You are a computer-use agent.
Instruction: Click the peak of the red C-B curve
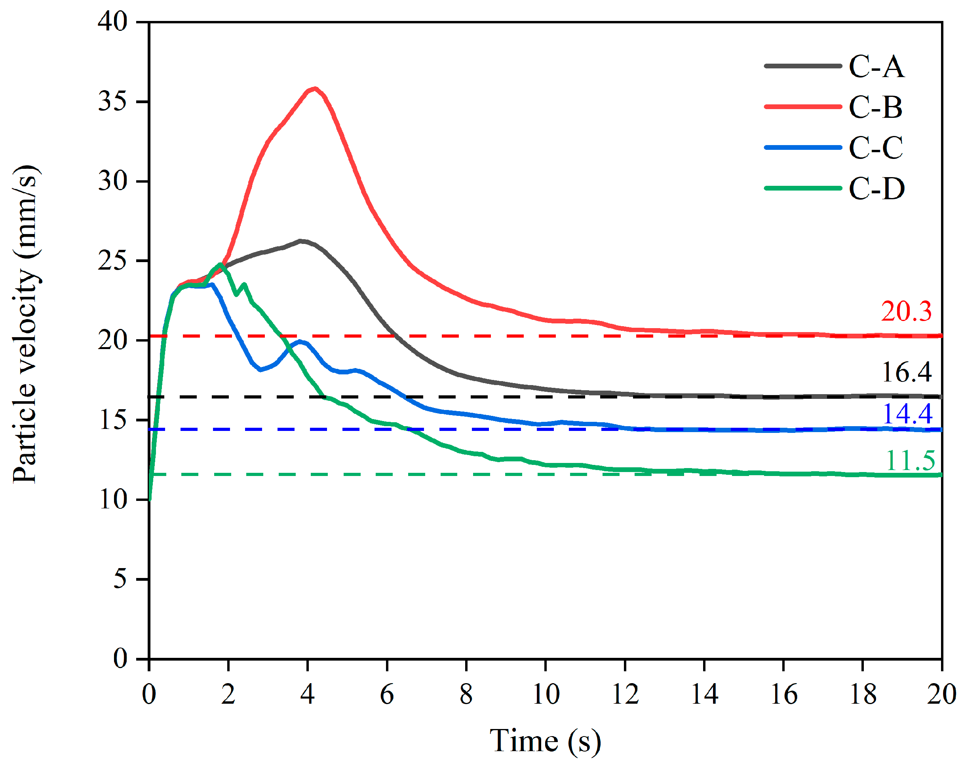click(x=315, y=89)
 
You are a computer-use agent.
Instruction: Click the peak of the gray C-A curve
click(x=302, y=241)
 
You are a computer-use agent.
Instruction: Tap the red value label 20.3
click(x=906, y=311)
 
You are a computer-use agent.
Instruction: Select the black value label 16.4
click(x=906, y=372)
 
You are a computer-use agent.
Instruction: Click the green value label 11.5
click(x=910, y=461)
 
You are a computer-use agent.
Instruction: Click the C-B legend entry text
click(x=875, y=108)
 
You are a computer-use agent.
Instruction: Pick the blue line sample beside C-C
click(x=803, y=147)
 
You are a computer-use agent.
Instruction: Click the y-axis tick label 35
click(x=112, y=102)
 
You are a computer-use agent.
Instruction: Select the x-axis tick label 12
click(x=625, y=694)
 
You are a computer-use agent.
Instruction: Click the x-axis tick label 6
click(x=387, y=694)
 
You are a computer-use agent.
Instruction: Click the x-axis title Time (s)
click(x=545, y=741)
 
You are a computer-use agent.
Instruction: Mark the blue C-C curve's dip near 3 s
click(x=261, y=370)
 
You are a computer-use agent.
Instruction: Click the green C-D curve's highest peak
click(x=221, y=264)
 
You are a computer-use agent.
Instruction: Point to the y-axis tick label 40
click(x=112, y=21)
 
